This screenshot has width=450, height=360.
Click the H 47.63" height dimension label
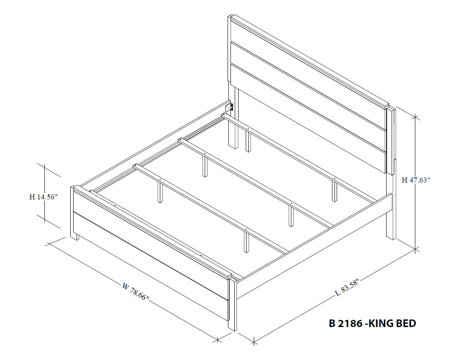pos(416,180)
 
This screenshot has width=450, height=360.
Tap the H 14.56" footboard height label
pos(43,196)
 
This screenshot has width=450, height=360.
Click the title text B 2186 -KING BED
pos(372,324)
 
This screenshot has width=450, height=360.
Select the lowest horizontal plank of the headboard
pos(309,114)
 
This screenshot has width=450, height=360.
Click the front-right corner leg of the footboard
pos(232,304)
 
